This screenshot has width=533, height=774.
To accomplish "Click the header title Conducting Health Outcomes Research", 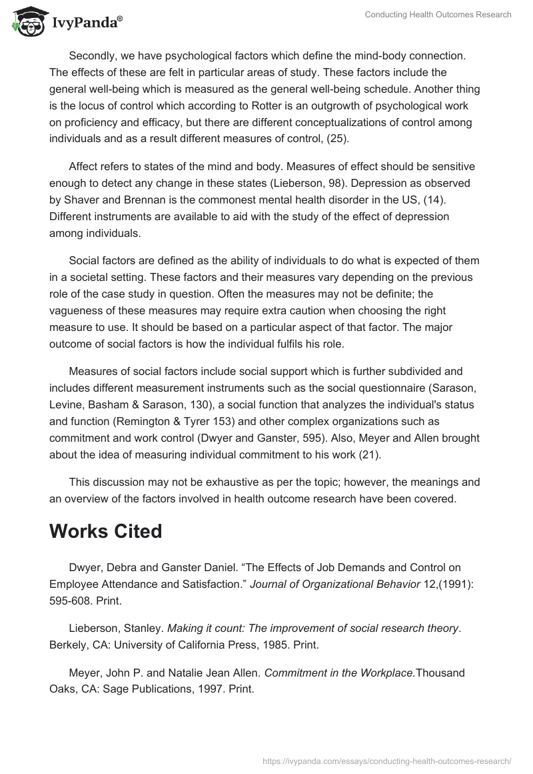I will (x=438, y=15).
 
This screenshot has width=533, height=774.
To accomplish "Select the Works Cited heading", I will (x=106, y=531).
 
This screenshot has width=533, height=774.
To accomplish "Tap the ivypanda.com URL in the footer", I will (x=386, y=760).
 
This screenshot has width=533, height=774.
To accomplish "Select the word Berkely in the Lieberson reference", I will (x=69, y=645).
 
